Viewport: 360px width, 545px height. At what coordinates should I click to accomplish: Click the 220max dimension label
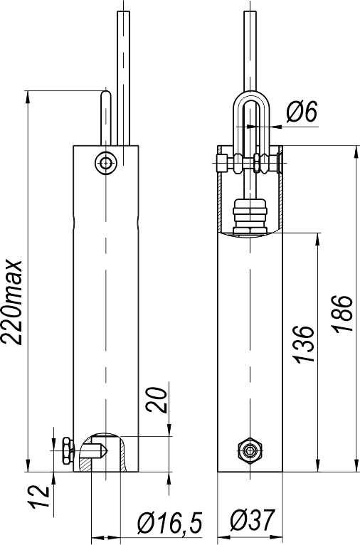pyautogui.click(x=12, y=302)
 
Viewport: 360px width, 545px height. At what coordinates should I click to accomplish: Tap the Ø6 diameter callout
pyautogui.click(x=302, y=112)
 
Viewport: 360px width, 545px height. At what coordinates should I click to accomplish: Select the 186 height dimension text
pyautogui.click(x=343, y=314)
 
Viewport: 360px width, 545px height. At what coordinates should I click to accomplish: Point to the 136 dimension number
pyautogui.click(x=305, y=344)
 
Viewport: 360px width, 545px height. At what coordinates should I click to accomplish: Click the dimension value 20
pyautogui.click(x=156, y=399)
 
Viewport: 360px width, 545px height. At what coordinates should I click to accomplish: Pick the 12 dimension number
pyautogui.click(x=39, y=497)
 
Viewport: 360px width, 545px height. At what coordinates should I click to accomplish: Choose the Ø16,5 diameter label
pyautogui.click(x=170, y=522)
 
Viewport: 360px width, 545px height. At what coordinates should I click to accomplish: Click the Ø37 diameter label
pyautogui.click(x=253, y=520)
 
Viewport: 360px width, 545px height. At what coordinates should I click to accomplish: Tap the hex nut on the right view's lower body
pyautogui.click(x=250, y=450)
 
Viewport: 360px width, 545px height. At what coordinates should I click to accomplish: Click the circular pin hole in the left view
pyautogui.click(x=105, y=162)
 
